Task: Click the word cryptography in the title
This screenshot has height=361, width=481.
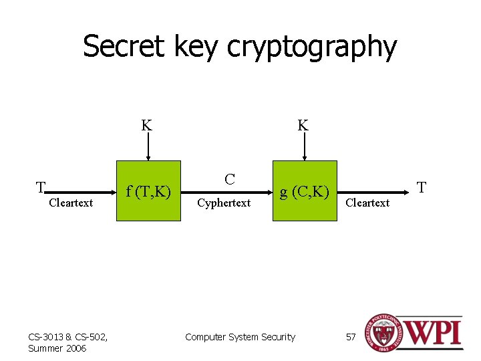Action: tap(311, 48)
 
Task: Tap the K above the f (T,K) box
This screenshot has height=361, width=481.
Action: tap(146, 125)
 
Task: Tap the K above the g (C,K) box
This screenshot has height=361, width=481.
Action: tap(303, 125)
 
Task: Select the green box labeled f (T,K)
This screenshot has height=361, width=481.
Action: tap(148, 191)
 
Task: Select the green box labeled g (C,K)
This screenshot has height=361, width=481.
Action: tap(304, 191)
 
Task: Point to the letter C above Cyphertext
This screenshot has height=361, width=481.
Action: tap(229, 180)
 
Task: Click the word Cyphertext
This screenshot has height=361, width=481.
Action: tap(224, 203)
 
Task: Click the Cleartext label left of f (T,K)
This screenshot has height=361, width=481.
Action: tap(71, 203)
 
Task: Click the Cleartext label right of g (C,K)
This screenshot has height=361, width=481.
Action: tap(367, 203)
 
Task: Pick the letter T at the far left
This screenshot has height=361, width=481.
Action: tap(41, 187)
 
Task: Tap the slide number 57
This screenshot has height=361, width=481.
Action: tap(351, 337)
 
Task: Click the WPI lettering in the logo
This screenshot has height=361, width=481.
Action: tap(432, 333)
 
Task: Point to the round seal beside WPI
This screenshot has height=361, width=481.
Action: tap(381, 333)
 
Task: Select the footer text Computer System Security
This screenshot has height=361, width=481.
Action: tap(240, 337)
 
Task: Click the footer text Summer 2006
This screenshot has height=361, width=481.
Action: tap(57, 348)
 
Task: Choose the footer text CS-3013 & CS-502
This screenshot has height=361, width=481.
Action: tap(63, 336)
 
